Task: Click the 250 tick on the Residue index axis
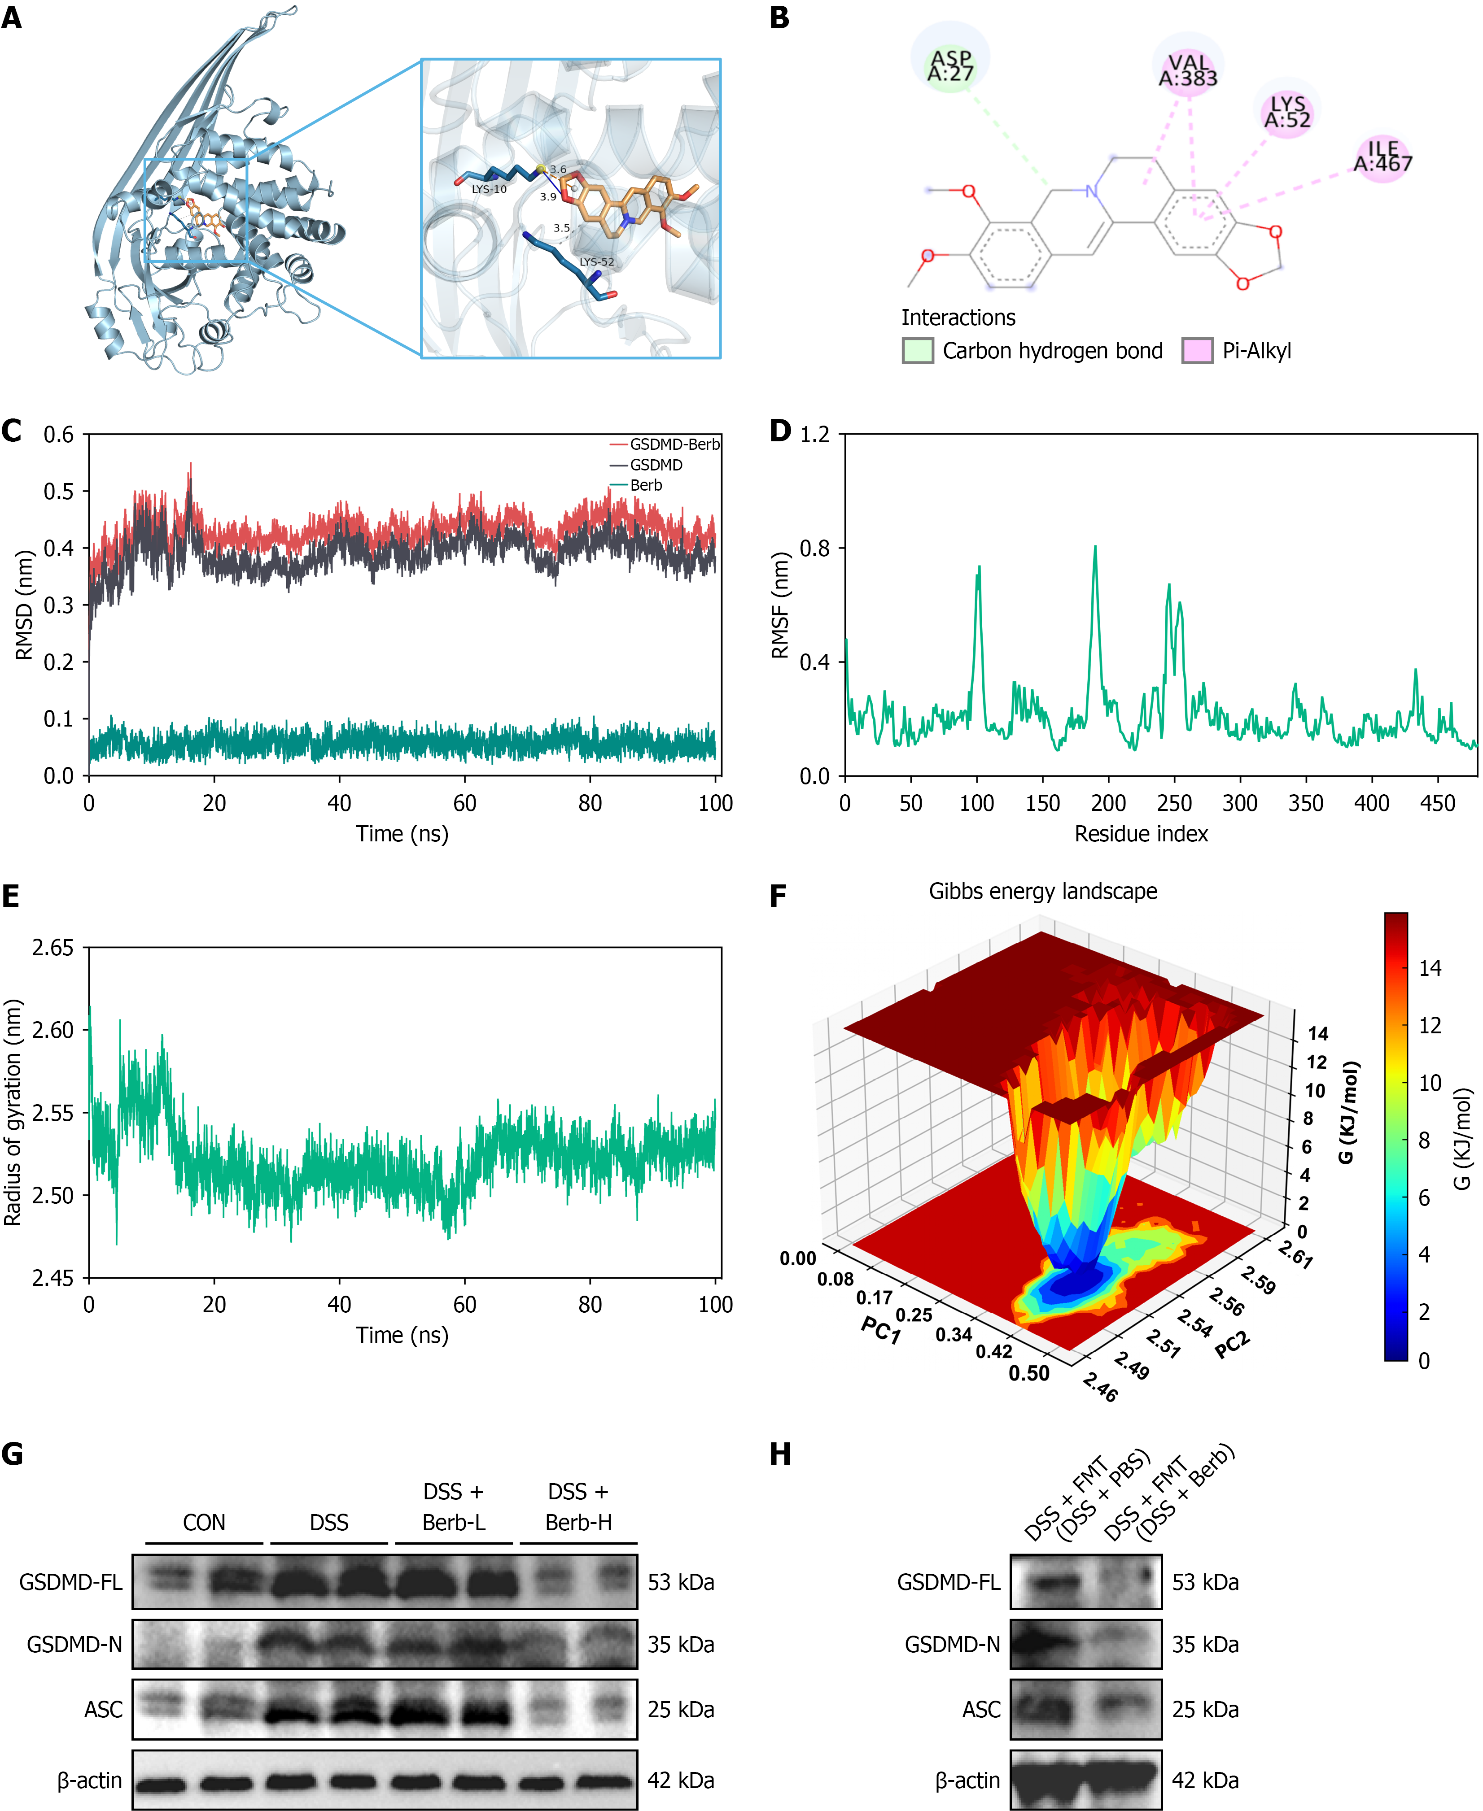pos(1174,803)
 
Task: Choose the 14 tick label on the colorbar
pos(1430,968)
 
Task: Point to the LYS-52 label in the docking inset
pos(596,262)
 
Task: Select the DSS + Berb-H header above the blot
pos(578,1507)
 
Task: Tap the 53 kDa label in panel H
pos(1204,1582)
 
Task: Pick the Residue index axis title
pos(1141,834)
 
